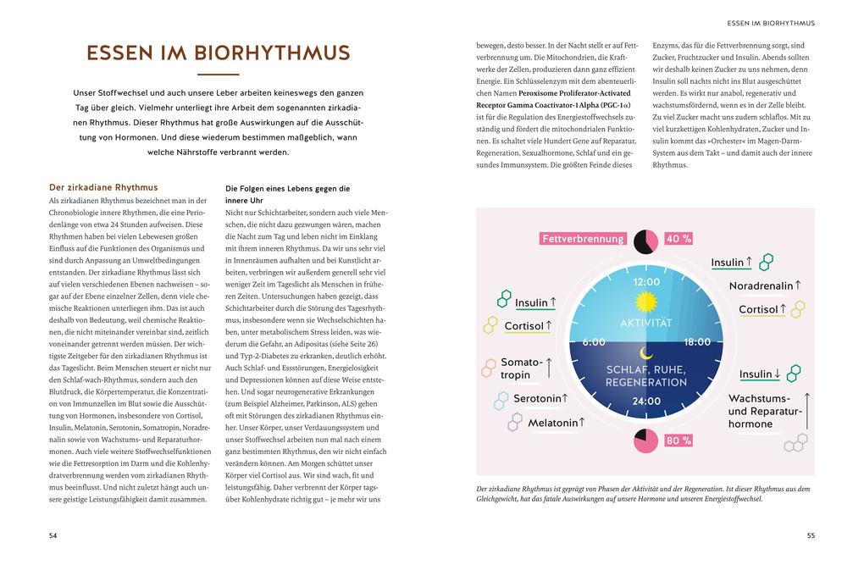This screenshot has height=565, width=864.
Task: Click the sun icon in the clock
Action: click(645, 302)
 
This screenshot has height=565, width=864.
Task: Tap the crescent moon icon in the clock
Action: click(646, 352)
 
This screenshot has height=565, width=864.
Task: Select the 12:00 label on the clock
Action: click(646, 281)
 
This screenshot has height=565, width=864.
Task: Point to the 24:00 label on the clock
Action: click(646, 401)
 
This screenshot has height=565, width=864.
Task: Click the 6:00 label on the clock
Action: click(594, 341)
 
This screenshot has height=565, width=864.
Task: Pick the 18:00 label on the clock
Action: click(696, 341)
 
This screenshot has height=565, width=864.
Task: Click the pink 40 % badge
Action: click(678, 239)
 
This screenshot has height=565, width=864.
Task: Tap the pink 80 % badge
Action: click(678, 440)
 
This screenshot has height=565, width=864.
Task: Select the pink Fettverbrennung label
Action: click(583, 239)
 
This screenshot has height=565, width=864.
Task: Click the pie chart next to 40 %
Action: click(645, 241)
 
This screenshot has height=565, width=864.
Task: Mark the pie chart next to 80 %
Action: click(646, 440)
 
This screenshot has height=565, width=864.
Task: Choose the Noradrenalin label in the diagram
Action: click(762, 286)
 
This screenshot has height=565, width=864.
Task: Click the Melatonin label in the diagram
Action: click(553, 423)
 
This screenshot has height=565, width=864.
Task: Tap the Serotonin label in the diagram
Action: click(537, 398)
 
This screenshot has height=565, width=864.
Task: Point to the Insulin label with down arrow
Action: click(756, 374)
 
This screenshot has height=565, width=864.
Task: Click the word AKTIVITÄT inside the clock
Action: click(645, 324)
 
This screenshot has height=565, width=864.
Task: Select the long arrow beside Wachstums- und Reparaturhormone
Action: click(806, 410)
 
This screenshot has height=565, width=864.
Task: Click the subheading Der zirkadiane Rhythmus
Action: click(103, 187)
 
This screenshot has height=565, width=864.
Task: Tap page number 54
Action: click(53, 535)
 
